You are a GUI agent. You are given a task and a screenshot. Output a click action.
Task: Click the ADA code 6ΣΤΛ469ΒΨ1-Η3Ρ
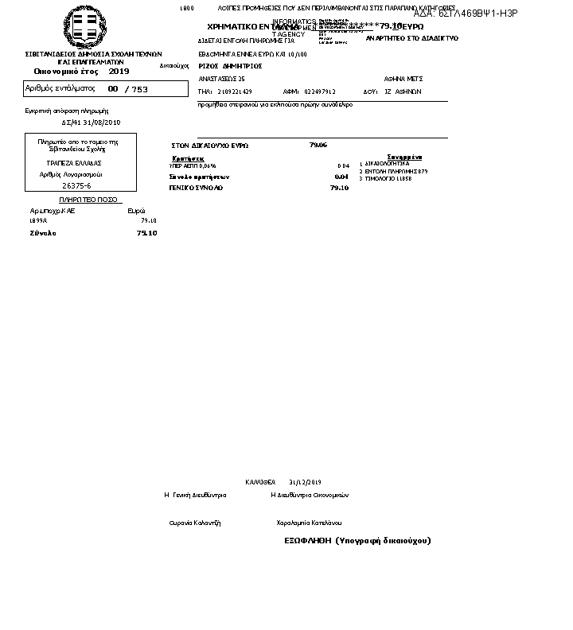tap(466, 14)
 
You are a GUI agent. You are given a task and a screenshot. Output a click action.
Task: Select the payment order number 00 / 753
tap(127, 89)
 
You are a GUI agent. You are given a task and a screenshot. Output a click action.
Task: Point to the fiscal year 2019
tap(119, 72)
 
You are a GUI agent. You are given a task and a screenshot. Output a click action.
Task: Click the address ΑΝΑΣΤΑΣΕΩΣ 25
tap(221, 79)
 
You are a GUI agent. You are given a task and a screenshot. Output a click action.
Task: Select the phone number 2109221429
tap(235, 91)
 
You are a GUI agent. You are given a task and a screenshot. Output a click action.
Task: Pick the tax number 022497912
tap(320, 91)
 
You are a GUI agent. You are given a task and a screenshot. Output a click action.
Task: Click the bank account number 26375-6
tap(76, 185)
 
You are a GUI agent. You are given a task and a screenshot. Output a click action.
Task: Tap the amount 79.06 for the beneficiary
tap(318, 145)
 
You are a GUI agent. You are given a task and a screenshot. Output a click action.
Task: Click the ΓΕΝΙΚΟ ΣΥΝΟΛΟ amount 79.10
tap(339, 188)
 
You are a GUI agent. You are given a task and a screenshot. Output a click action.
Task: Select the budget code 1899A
tap(38, 220)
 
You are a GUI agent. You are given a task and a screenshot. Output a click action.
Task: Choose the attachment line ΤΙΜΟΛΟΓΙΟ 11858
tap(388, 179)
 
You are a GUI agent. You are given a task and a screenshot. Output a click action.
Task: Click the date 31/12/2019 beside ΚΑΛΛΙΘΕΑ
tap(305, 482)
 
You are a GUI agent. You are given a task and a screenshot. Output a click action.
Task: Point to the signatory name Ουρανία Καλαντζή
tap(195, 523)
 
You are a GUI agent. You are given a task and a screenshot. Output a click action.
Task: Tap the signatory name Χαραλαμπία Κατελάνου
tap(309, 523)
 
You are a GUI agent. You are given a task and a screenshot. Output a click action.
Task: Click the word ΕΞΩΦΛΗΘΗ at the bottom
tap(307, 540)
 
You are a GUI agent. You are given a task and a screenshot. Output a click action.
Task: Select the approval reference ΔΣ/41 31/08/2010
tap(92, 122)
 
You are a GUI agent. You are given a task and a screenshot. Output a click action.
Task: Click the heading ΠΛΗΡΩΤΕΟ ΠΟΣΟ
tap(88, 199)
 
